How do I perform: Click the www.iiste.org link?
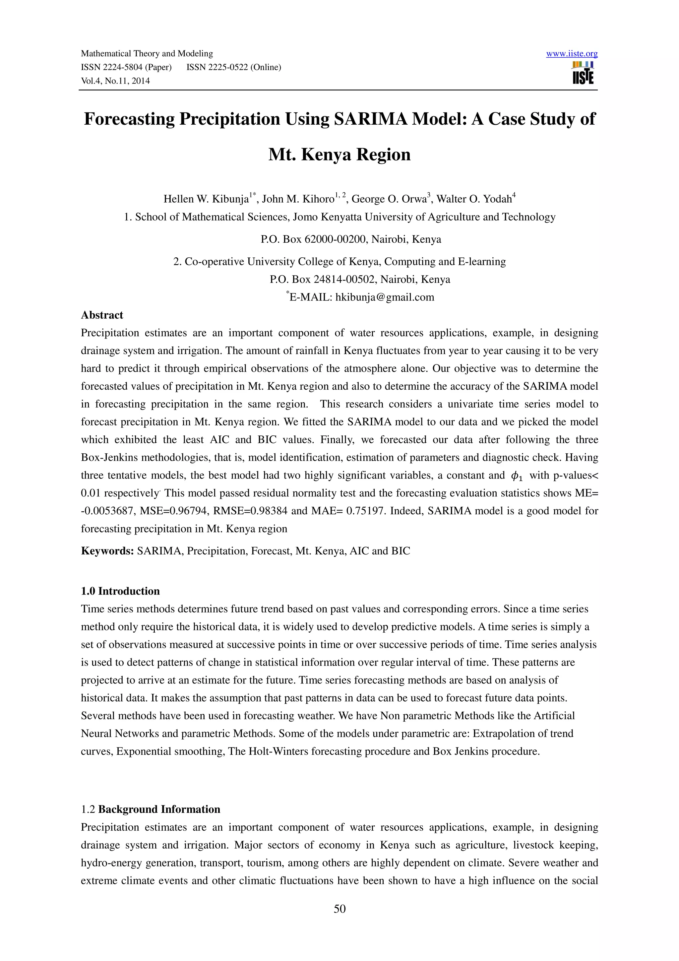point(572,54)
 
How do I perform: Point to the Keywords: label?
point(107,551)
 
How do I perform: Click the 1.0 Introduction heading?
point(120,591)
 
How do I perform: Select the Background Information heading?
point(159,809)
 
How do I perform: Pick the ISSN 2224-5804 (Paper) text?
point(126,67)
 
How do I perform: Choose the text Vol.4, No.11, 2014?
point(115,81)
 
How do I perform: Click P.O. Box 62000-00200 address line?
point(350,239)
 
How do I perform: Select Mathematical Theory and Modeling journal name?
point(147,54)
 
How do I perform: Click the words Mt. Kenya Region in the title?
point(339,155)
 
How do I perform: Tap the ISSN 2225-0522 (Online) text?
point(233,67)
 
